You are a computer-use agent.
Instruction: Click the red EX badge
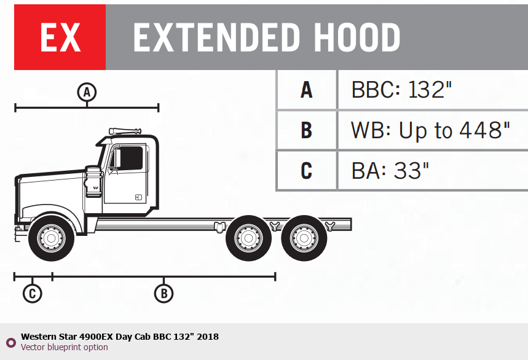(x=60, y=37)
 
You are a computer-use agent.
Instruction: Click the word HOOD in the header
(x=357, y=37)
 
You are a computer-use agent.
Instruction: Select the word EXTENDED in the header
(x=216, y=37)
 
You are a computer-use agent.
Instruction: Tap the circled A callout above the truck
(x=87, y=92)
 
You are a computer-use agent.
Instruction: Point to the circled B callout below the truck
(x=164, y=294)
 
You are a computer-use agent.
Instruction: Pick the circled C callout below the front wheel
(x=33, y=294)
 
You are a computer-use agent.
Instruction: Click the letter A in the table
(x=307, y=90)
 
